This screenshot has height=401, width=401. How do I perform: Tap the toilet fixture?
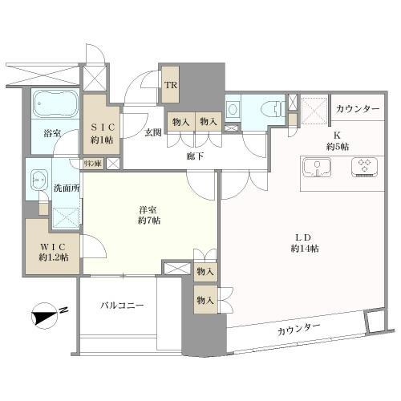click(x=269, y=110)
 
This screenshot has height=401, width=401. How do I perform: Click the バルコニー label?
click(x=123, y=306)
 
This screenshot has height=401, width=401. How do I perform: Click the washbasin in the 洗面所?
click(x=36, y=180)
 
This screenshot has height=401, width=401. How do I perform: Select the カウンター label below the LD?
click(x=300, y=328)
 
